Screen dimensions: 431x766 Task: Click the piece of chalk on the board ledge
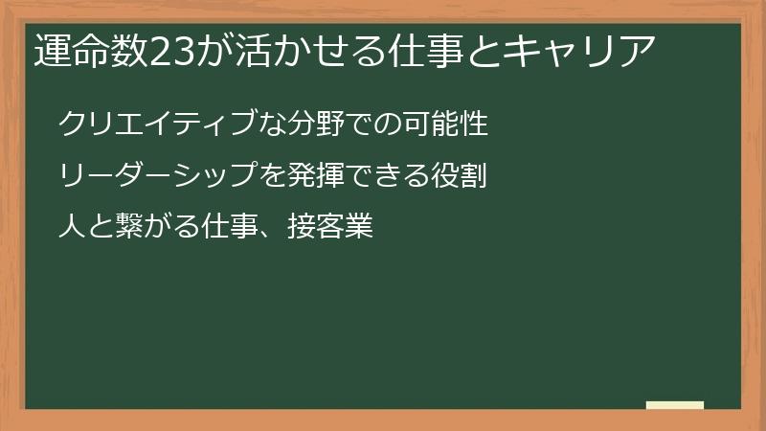click(675, 405)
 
